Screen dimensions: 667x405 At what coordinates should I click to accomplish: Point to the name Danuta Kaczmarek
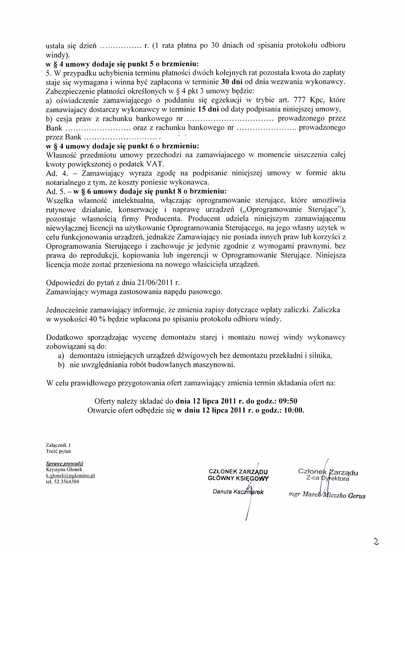238,492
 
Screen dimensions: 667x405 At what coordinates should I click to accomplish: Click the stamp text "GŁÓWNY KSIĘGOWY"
238,479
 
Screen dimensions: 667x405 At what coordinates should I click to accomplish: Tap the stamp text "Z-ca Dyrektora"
327,478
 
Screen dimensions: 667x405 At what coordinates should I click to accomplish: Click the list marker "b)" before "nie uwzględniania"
61,365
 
